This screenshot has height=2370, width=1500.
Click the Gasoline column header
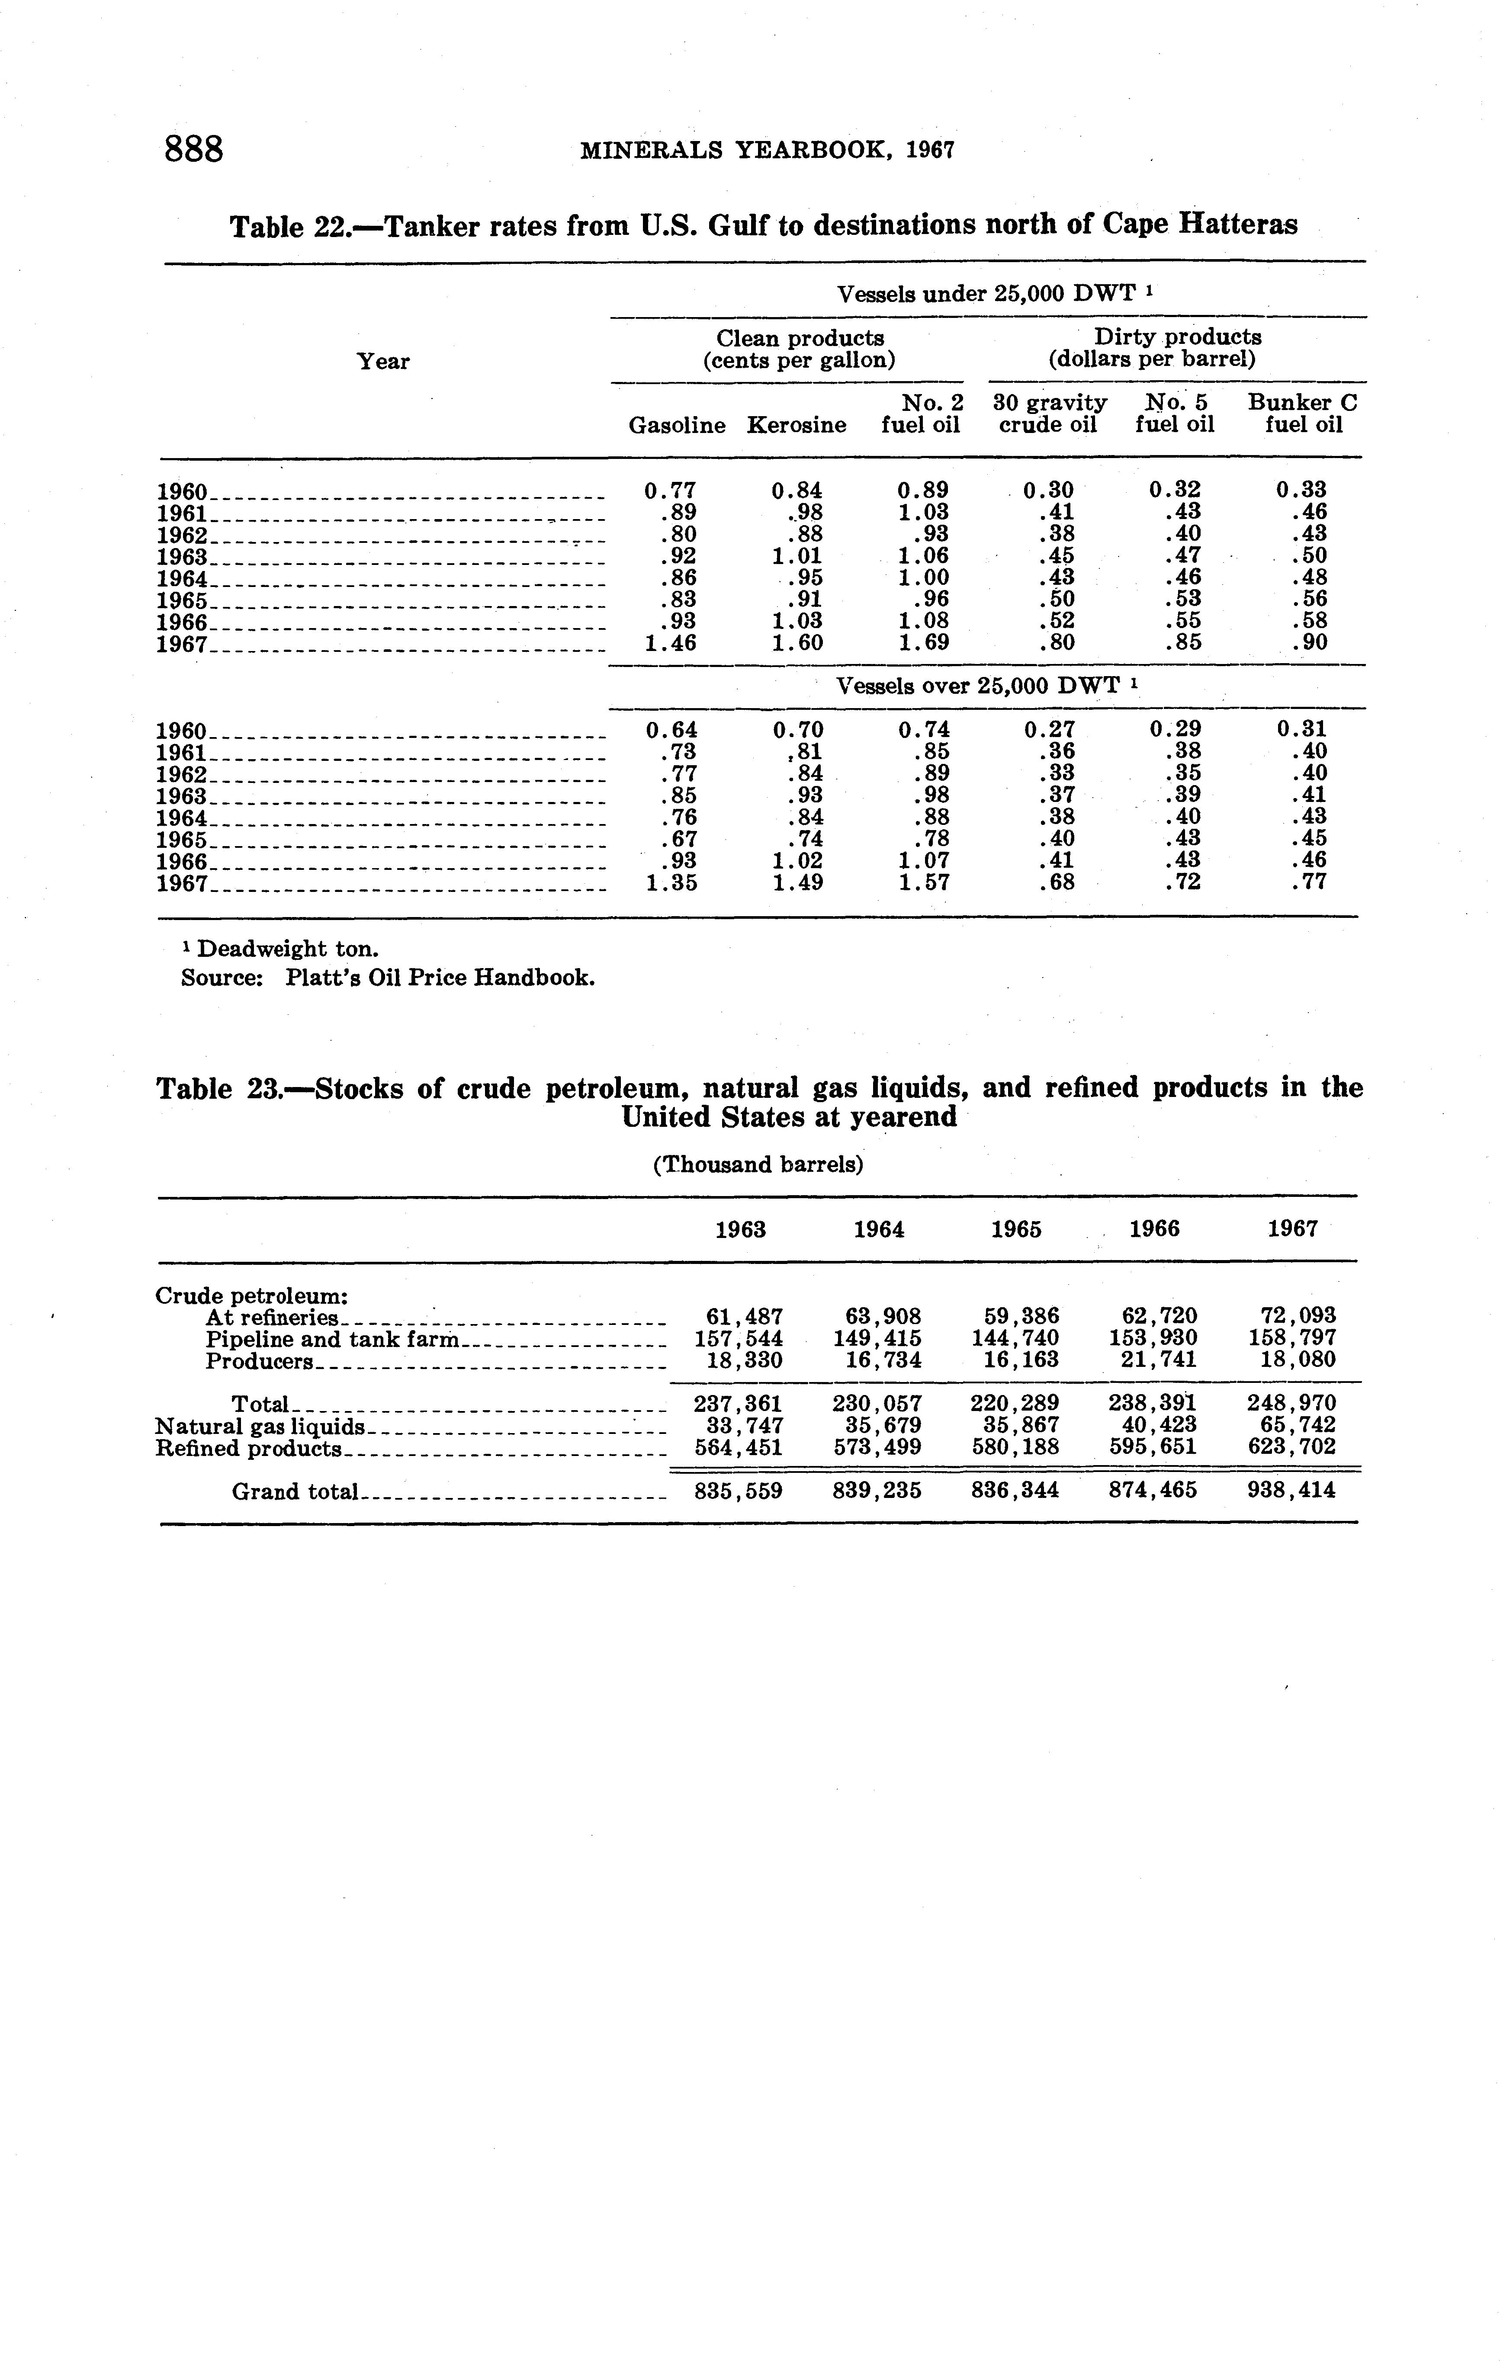pos(677,425)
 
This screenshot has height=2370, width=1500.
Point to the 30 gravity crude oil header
pos(1049,414)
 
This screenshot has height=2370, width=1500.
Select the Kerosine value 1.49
pos(798,883)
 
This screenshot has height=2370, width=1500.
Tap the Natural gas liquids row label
pos(260,1426)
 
